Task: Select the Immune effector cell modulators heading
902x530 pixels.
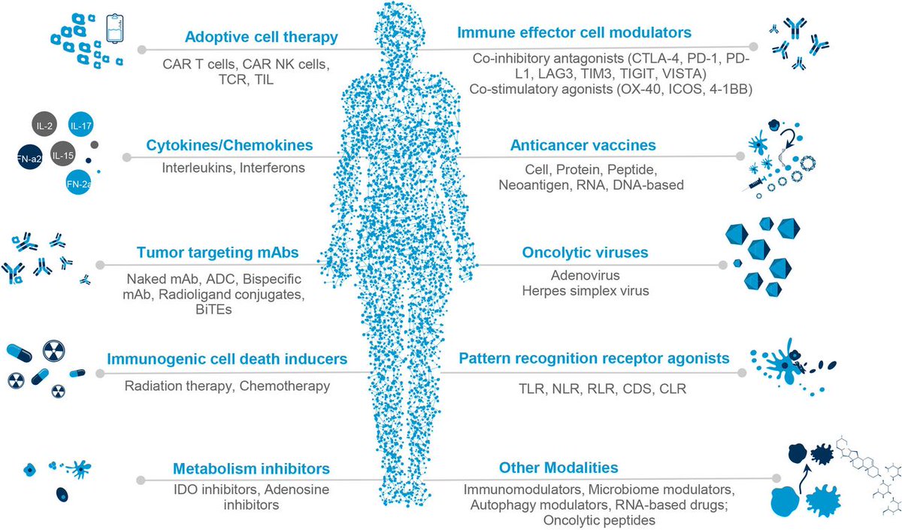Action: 574,33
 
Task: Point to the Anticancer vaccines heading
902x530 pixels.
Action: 583,145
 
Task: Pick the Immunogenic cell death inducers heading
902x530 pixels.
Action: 226,359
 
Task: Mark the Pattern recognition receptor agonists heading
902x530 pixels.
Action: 594,359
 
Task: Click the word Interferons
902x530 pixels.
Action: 272,167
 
